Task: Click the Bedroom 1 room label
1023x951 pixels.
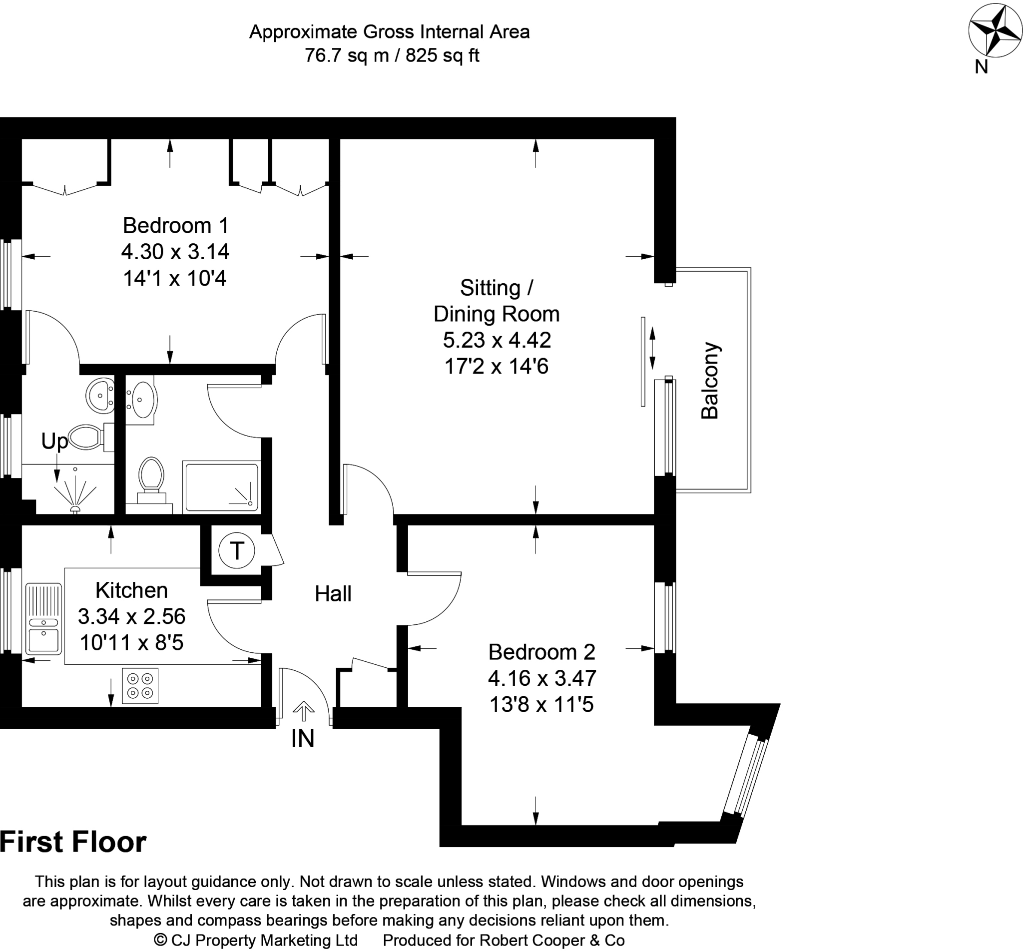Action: [x=175, y=225]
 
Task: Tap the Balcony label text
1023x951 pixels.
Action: [x=710, y=380]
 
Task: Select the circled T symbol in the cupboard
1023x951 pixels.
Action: [x=237, y=550]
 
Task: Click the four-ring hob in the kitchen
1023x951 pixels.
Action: [x=140, y=686]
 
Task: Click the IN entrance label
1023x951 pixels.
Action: [x=303, y=739]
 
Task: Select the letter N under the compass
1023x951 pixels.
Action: [x=982, y=67]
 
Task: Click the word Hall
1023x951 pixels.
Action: [x=333, y=594]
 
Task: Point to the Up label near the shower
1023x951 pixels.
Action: [x=54, y=441]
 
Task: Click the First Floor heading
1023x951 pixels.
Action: [x=73, y=842]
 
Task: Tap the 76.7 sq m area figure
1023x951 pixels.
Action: [x=347, y=55]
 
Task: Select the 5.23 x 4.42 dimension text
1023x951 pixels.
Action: [x=497, y=340]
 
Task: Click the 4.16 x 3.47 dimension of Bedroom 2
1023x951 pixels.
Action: [x=542, y=678]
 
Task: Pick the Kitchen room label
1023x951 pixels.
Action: [x=132, y=590]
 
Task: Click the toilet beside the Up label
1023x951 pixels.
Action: [x=91, y=438]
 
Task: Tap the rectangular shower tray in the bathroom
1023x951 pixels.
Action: [x=221, y=486]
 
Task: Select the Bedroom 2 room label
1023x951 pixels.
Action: [x=542, y=652]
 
